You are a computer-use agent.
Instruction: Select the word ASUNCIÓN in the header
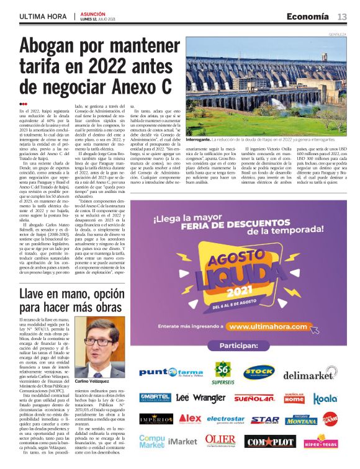pos(93,13)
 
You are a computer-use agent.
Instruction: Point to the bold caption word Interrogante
pos(201,141)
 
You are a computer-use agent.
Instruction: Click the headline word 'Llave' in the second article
pos(39,295)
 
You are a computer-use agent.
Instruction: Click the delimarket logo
pos(310,375)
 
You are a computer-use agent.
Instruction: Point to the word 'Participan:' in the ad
pos(241,345)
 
